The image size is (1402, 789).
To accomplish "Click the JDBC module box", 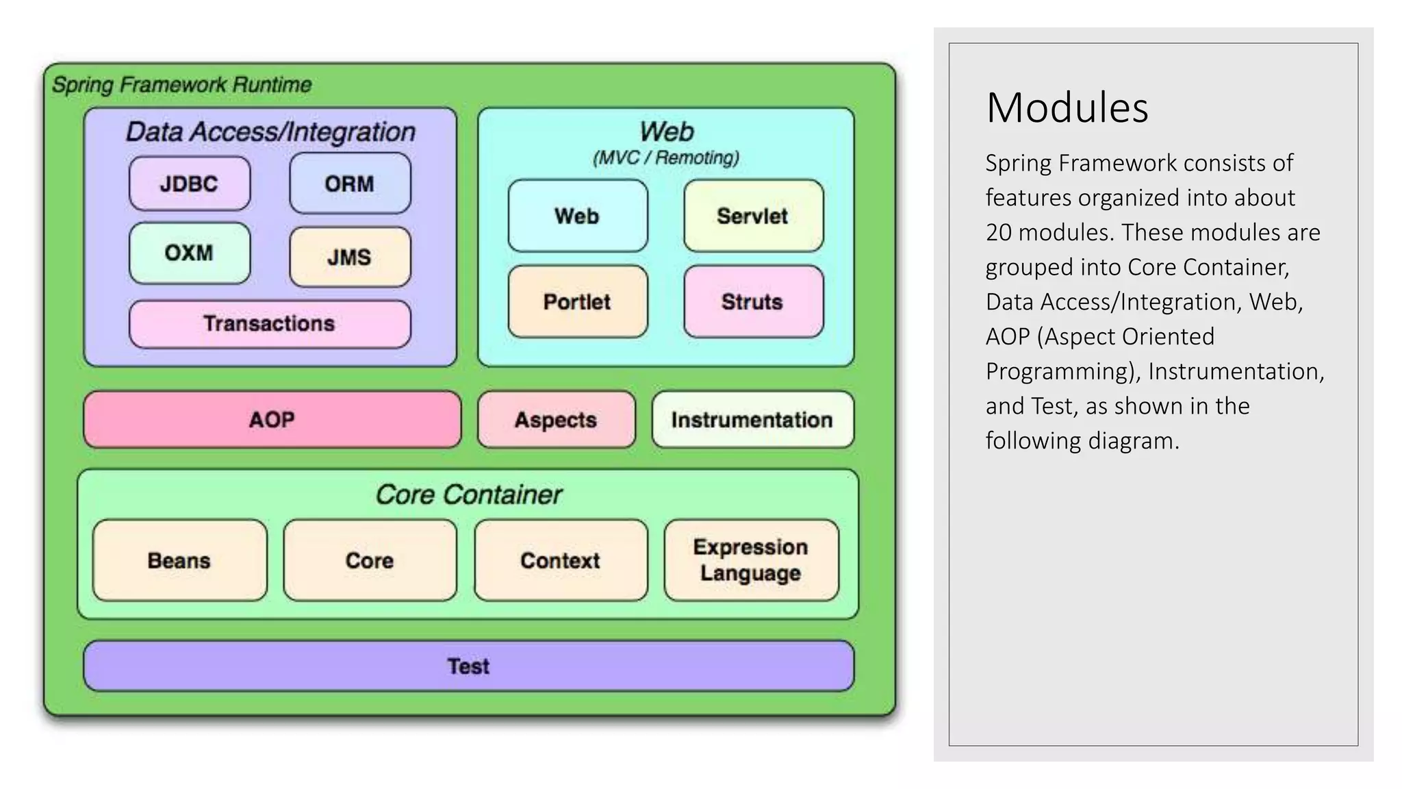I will (190, 184).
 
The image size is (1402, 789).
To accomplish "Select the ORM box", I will (350, 184).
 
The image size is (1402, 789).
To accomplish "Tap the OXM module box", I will (190, 253).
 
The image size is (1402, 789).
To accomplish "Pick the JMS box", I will (350, 257).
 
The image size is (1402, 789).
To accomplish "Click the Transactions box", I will (270, 323).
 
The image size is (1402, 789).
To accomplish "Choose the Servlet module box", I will (753, 216).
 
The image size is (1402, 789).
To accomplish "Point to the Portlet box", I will (578, 301).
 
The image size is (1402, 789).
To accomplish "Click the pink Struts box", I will (753, 301).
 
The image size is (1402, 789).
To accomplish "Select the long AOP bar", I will (272, 419).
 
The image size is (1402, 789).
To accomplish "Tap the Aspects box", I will (556, 419).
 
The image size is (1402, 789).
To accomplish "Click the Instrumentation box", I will (752, 419).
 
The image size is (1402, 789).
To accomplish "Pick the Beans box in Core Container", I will (179, 560).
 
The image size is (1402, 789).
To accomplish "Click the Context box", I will (561, 560).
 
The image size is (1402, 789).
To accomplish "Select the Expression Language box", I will (751, 560).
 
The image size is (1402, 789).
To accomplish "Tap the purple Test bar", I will (468, 666).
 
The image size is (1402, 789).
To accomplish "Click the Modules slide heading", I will (1067, 108).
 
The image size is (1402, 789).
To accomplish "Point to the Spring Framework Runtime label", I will (182, 85).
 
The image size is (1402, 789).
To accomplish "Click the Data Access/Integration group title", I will (270, 131).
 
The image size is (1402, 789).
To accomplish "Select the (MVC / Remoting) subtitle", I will (666, 158).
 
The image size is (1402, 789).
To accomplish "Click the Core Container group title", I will (468, 494).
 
